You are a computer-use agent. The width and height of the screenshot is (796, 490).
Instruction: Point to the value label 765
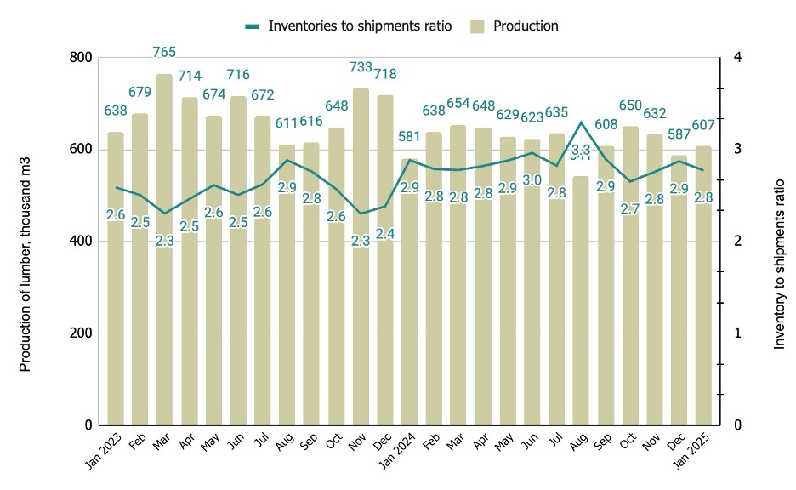pos(164,53)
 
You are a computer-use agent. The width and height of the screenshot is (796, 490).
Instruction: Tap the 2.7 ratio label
pos(630,208)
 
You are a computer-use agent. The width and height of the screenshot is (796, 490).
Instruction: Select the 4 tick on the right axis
pos(737,58)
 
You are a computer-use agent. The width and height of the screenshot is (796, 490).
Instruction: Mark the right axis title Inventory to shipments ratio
pos(779,264)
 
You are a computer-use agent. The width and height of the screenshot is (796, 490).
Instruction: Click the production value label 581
pos(410,138)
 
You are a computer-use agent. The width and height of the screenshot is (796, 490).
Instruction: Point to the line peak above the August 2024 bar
pos(581,122)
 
